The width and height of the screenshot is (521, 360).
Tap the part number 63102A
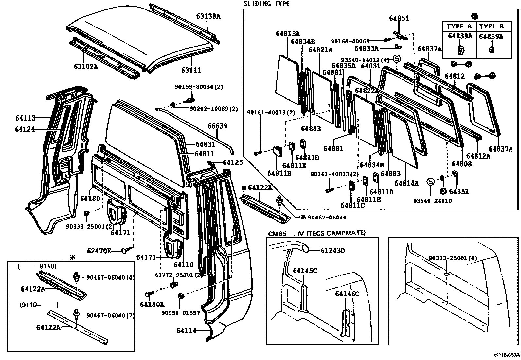click(x=85, y=67)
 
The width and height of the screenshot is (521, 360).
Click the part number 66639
click(x=217, y=126)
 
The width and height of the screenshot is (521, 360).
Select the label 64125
click(x=233, y=162)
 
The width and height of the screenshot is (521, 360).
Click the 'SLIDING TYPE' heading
click(x=266, y=4)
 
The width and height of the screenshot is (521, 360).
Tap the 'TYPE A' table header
click(x=459, y=27)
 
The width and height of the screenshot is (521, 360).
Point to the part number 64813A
click(x=288, y=33)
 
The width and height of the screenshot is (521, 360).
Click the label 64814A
click(x=406, y=183)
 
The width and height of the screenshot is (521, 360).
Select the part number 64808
click(x=461, y=164)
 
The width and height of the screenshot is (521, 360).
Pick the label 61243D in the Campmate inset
click(x=332, y=250)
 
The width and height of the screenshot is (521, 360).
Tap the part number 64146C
click(x=347, y=294)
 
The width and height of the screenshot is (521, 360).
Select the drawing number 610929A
click(x=507, y=355)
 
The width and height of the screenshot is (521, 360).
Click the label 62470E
click(x=99, y=251)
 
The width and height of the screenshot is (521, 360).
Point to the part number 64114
click(x=186, y=331)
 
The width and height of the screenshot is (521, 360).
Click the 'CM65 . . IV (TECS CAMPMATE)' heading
click(x=316, y=233)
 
